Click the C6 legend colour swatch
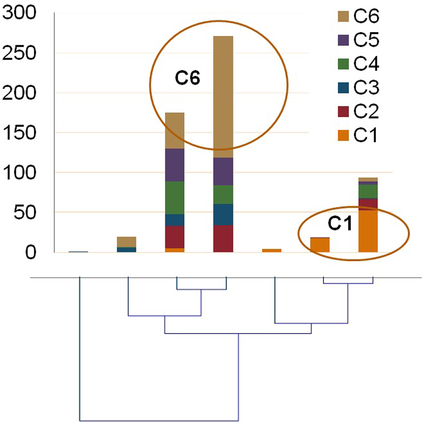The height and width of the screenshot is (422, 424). pos(343,16)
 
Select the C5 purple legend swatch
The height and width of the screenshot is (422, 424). pos(343,40)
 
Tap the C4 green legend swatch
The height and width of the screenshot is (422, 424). pos(343,64)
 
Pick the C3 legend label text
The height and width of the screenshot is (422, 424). pos(366,88)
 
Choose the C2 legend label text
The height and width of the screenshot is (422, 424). pos(366,112)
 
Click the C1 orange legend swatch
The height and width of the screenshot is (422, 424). pos(343,135)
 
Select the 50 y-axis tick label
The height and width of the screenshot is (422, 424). pos(25,213)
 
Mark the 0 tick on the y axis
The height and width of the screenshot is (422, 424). pos(31,253)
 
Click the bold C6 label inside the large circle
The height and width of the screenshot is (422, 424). pos(187,78)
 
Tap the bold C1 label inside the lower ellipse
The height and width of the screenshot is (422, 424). pos(340,224)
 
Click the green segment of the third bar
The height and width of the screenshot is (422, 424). pos(175,198)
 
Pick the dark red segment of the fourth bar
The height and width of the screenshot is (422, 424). pos(223,239)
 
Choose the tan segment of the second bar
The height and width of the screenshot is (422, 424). pos(127,242)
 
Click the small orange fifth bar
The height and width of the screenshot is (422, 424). pos(272,250)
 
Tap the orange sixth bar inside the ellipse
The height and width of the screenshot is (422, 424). pos(320,245)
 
